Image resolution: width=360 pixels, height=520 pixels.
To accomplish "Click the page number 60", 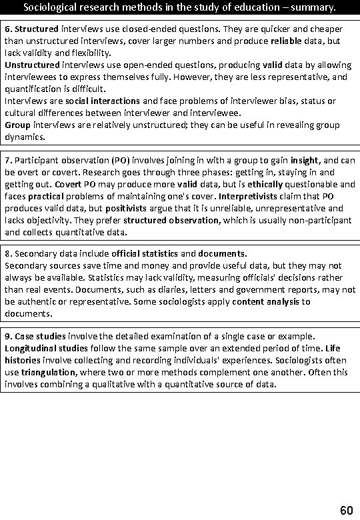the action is pos(346,510).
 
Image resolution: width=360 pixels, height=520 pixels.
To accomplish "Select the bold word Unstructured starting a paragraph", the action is pos(31,65).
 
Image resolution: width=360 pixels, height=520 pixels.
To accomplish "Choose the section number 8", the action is pos(8,253).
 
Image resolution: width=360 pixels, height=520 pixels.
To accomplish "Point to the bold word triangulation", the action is pos(47,372).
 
